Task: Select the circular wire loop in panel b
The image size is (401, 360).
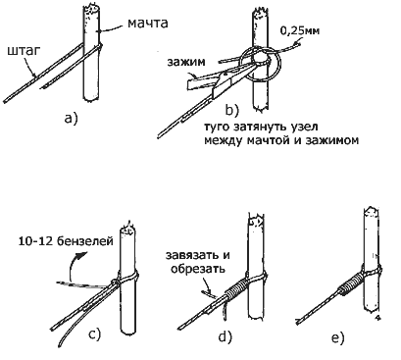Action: tap(263, 66)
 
